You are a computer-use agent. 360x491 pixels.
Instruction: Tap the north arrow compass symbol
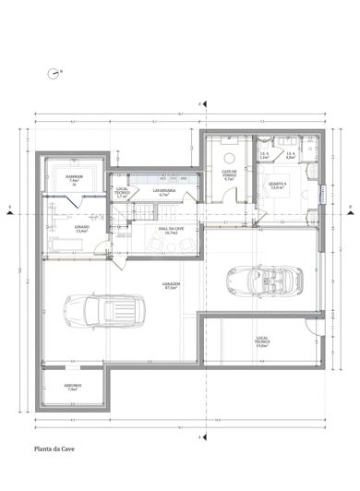tap(54, 70)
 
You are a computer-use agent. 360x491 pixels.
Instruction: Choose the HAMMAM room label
tap(75, 177)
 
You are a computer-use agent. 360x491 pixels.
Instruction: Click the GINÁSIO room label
tap(81, 226)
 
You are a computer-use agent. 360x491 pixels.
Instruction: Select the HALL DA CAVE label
tap(171, 231)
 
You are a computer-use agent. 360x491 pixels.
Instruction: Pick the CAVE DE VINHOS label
tap(230, 174)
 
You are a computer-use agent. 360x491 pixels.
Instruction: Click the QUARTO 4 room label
tap(278, 186)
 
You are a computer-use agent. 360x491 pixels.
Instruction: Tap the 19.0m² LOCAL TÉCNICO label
tap(261, 342)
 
